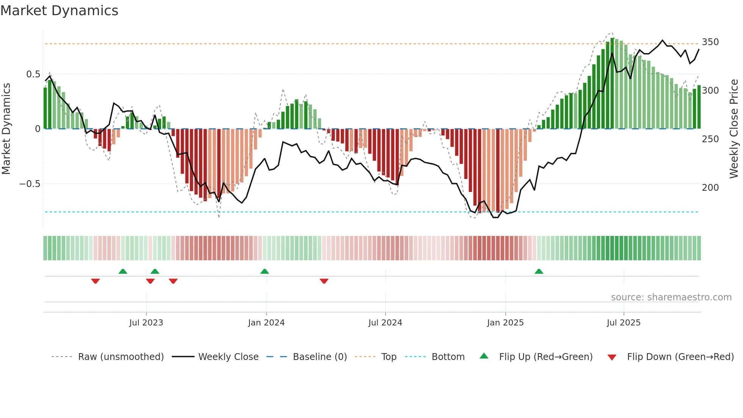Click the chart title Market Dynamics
[x=60, y=11]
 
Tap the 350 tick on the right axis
[x=710, y=42]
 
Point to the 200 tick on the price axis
[x=710, y=188]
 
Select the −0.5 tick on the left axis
[x=30, y=184]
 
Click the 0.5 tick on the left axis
[x=33, y=74]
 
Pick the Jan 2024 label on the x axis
[x=266, y=323]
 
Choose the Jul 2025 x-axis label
[x=624, y=323]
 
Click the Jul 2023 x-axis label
[x=146, y=323]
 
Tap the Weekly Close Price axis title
[x=734, y=129]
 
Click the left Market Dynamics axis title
[x=6, y=129]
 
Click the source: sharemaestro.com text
[x=671, y=297]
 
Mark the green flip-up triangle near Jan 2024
[x=265, y=272]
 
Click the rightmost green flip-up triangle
[x=539, y=272]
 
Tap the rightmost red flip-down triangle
[x=324, y=281]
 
